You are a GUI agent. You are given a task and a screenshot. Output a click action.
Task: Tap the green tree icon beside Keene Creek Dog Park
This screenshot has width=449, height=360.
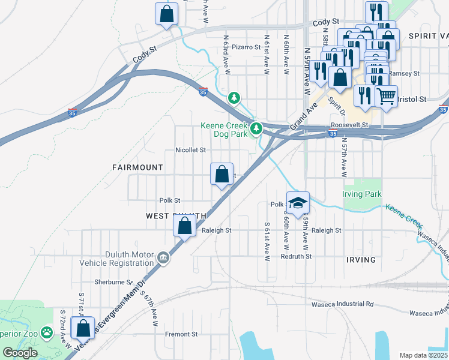pos(256,128)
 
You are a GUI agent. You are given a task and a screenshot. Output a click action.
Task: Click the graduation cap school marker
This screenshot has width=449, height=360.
pos(297,203)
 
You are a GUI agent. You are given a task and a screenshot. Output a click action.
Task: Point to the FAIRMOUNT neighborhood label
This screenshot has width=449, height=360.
pos(137,167)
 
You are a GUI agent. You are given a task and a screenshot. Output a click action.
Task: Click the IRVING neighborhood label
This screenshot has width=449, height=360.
pos(361,260)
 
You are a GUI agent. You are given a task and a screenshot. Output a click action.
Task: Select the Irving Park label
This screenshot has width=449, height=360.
pos(362,194)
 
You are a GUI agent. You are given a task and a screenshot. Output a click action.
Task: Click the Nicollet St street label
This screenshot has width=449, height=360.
pos(190,150)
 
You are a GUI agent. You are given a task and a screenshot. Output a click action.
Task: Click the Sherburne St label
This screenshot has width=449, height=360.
pos(113,281)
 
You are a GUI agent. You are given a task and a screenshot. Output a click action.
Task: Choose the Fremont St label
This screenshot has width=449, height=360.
pos(182,334)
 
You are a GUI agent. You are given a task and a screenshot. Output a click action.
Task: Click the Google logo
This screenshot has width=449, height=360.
pos(20,353)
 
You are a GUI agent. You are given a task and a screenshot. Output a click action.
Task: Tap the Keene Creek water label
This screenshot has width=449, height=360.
pos(405,214)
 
